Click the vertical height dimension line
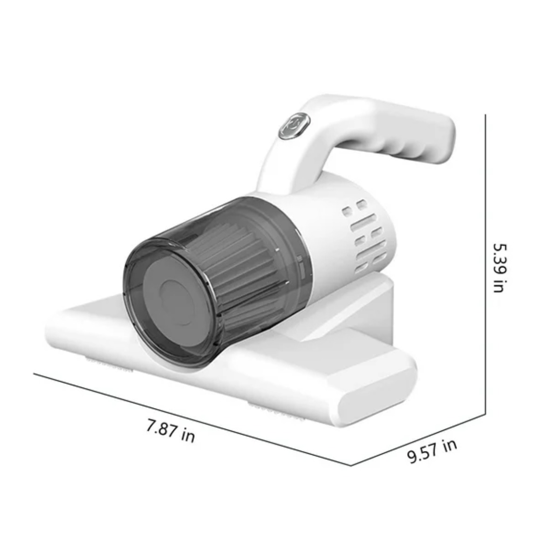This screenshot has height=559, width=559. coord(485,265)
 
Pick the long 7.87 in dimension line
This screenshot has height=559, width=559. coord(192,419)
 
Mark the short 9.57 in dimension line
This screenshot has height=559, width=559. coord(418,440)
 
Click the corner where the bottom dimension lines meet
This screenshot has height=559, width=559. coord(351,465)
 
